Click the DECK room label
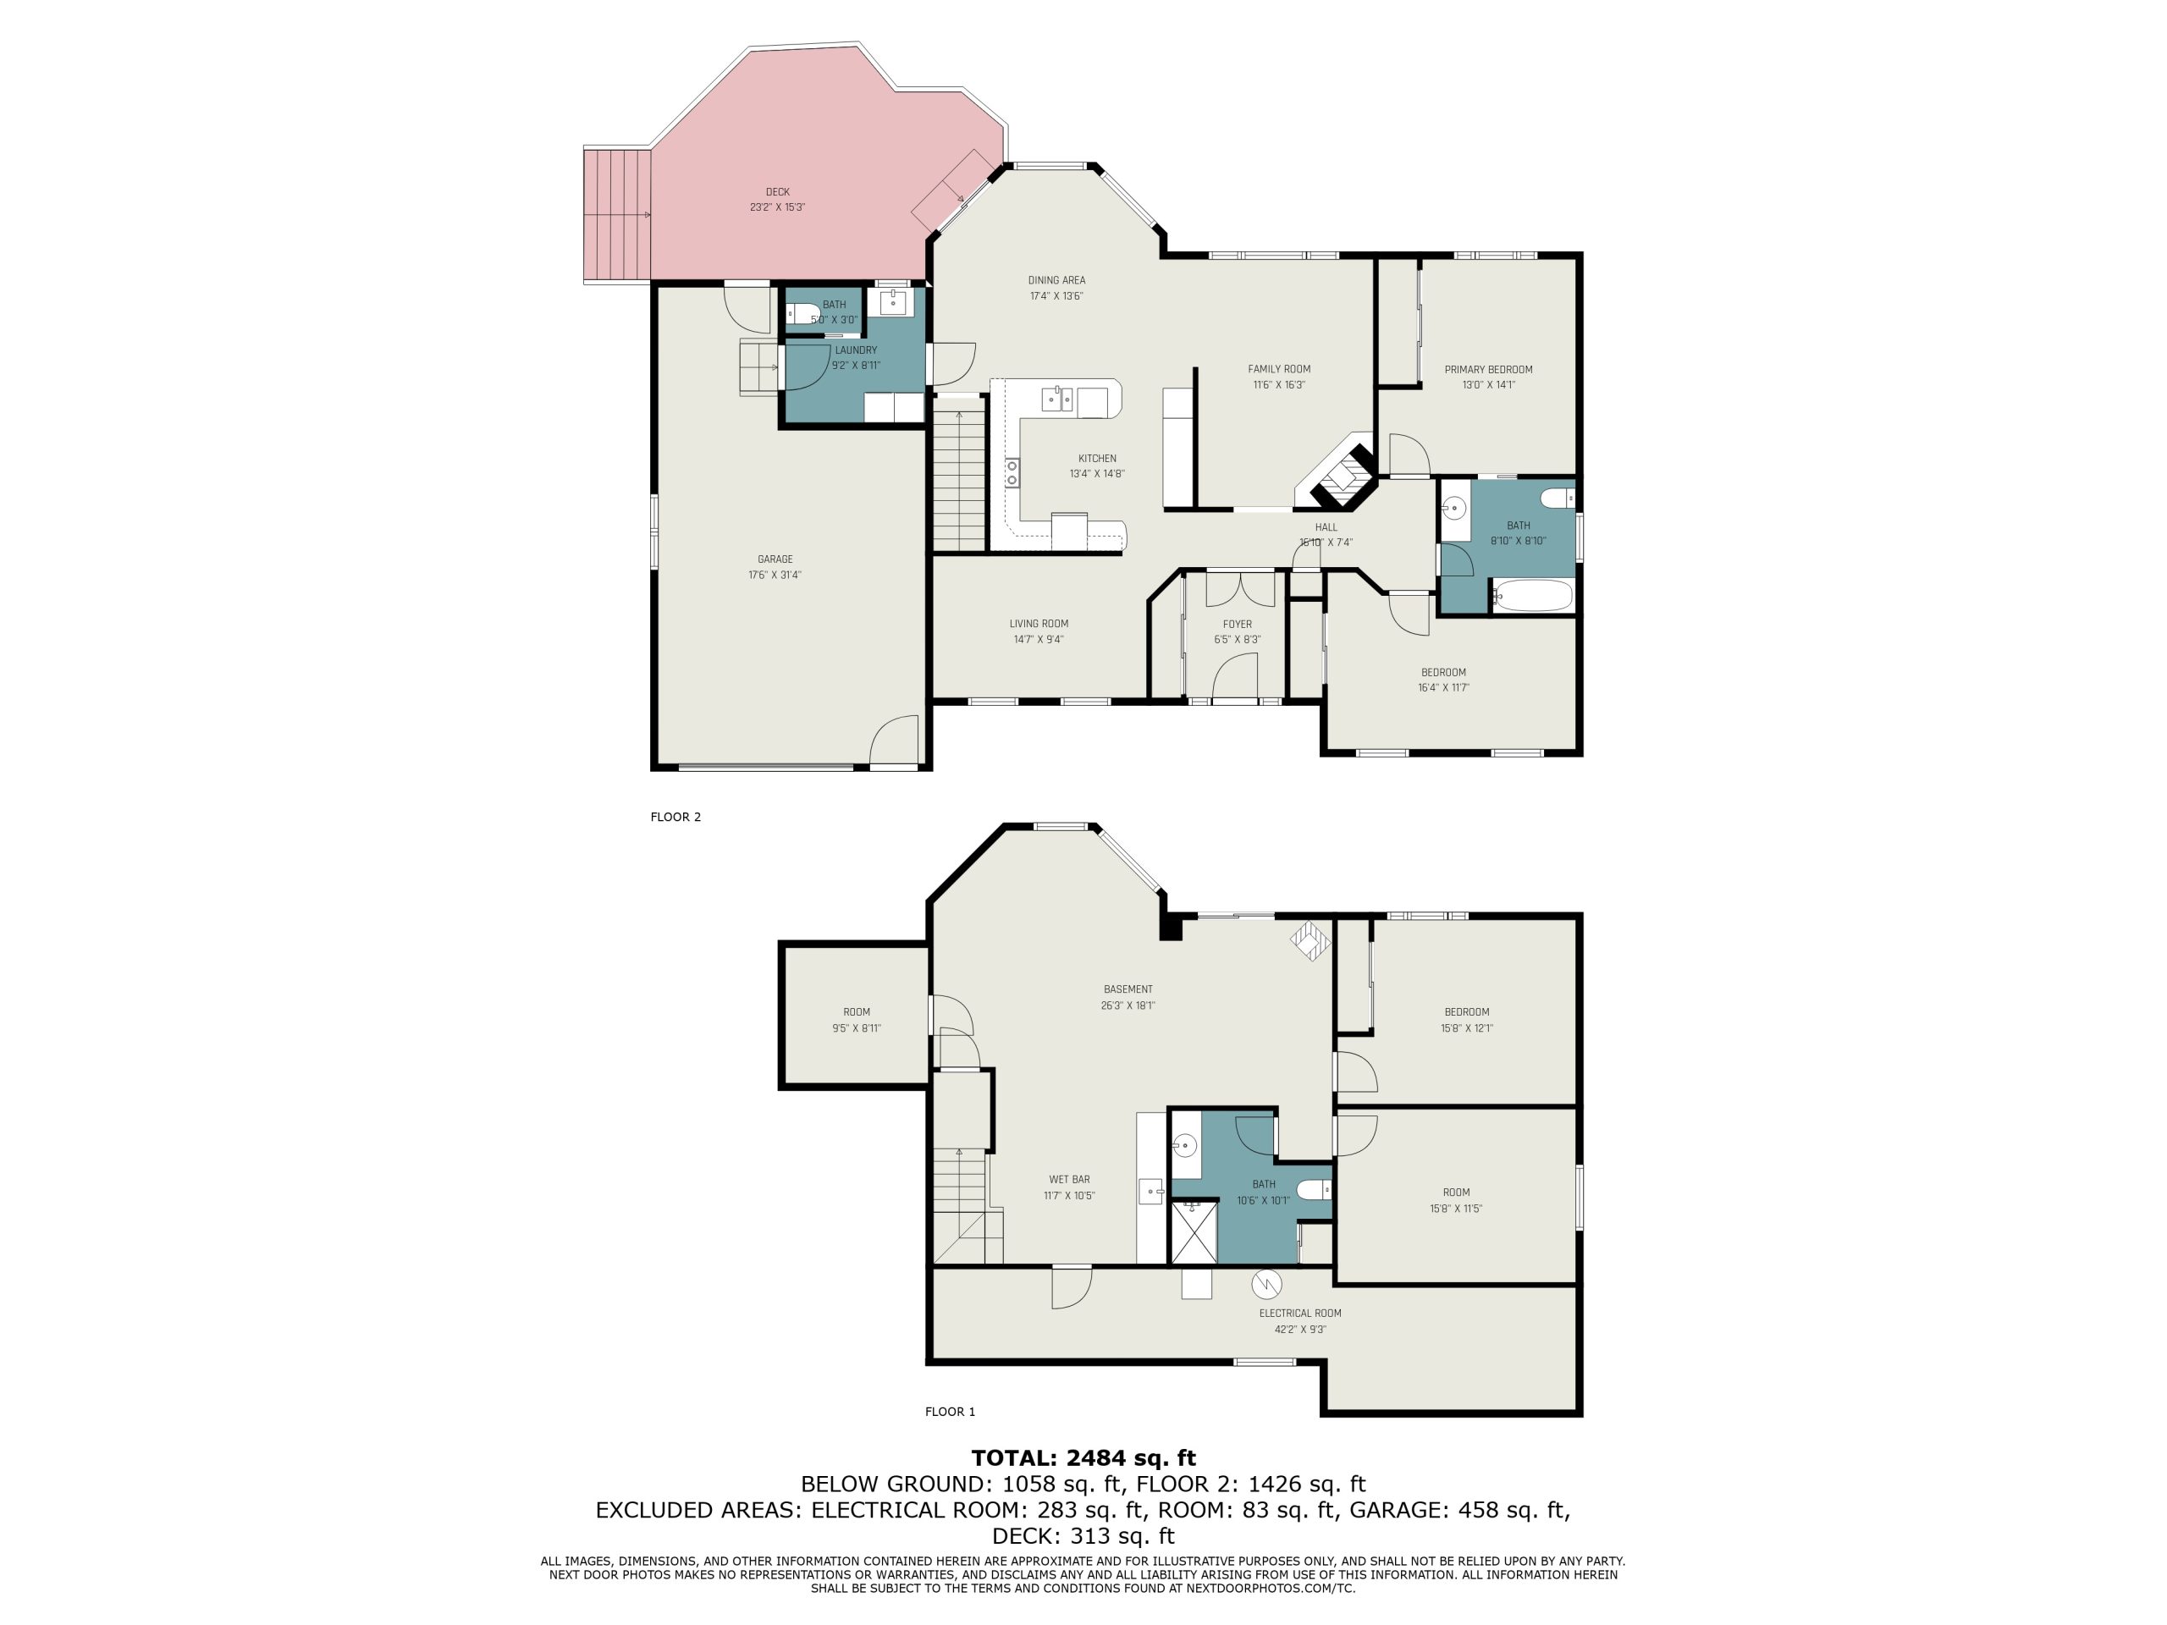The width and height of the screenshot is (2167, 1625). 777,192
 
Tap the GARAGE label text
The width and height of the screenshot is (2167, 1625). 775,559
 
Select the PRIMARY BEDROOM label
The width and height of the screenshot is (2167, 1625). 1488,369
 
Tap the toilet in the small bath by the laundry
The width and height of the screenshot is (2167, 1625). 804,313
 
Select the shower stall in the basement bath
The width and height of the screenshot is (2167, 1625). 1194,1232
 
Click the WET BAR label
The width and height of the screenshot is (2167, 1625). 1069,1179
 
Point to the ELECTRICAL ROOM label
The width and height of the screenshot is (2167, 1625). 1300,1314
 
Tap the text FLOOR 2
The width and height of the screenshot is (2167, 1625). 676,817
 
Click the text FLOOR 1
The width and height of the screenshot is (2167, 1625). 951,1412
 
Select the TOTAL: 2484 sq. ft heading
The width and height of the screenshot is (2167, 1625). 1083,1457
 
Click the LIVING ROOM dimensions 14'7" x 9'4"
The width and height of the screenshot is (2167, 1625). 1039,640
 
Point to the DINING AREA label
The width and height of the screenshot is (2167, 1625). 1056,280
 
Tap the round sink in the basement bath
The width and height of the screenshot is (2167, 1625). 1185,1143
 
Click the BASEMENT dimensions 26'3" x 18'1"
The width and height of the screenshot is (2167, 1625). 1128,1005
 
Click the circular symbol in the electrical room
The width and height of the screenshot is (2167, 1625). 1266,1282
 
